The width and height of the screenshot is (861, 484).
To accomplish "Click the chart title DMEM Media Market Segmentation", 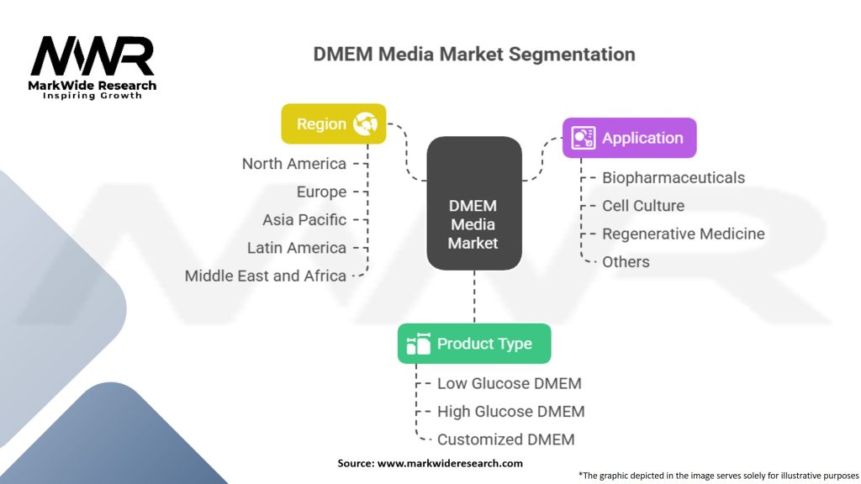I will click(474, 55).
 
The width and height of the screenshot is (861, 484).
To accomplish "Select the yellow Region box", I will click(333, 124).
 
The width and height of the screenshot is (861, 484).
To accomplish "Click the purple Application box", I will click(629, 138).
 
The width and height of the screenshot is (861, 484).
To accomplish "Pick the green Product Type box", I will click(474, 344).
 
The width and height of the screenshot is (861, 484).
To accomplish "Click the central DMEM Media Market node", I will click(473, 224).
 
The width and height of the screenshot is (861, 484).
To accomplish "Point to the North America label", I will click(293, 164).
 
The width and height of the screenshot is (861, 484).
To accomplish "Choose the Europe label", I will click(321, 192).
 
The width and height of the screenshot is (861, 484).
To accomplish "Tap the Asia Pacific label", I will click(304, 219).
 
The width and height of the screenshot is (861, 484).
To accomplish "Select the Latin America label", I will click(296, 248).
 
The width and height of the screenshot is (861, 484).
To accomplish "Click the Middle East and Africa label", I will click(266, 276).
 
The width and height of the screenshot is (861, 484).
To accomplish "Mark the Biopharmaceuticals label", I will click(673, 177).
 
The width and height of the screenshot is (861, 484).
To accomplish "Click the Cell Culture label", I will click(643, 206).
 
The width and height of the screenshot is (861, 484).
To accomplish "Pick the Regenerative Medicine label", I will click(684, 234).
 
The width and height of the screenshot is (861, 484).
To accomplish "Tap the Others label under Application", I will click(626, 261).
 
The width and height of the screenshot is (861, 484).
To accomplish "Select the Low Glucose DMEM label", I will click(509, 383).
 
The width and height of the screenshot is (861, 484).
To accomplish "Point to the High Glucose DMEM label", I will click(510, 411).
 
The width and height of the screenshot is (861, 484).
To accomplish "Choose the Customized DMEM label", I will click(505, 439).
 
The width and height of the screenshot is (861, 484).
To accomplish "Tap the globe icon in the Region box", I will click(366, 124).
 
